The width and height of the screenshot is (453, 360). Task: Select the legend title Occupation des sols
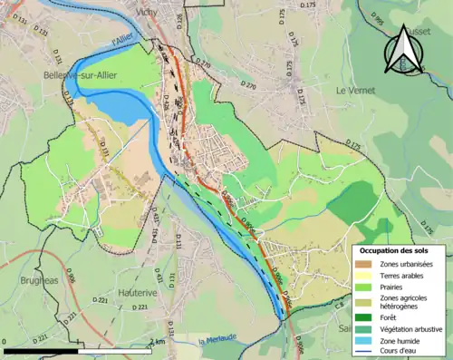[x=400, y=249]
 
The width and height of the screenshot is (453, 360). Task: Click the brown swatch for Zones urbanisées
[x=365, y=264]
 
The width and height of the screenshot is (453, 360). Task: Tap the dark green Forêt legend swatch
[x=365, y=316]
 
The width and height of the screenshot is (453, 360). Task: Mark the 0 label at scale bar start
[x=5, y=341]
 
